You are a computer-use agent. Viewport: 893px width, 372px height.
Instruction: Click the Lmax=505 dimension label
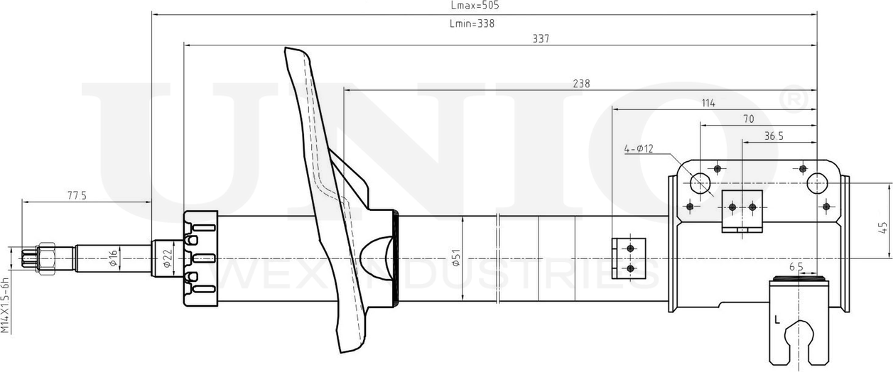(x=475, y=6)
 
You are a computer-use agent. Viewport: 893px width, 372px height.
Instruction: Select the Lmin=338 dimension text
(x=472, y=23)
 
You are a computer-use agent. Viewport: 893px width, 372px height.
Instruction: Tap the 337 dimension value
(x=541, y=38)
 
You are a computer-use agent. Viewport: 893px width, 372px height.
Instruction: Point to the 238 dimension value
(x=581, y=84)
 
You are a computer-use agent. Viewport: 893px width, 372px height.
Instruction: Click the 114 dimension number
(x=708, y=103)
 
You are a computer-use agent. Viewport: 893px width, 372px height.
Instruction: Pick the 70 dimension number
(x=748, y=119)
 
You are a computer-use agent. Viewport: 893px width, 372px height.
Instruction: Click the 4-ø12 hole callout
(x=638, y=149)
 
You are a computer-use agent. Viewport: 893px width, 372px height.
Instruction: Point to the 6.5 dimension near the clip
(x=796, y=267)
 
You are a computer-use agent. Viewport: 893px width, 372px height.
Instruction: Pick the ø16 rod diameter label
(x=112, y=258)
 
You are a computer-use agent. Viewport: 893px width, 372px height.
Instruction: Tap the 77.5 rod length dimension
(x=77, y=196)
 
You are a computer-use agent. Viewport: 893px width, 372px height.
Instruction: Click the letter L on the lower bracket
(x=778, y=319)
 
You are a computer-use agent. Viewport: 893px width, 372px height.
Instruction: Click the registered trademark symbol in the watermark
(x=794, y=100)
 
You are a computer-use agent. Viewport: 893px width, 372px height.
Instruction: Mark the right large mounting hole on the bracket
(x=817, y=184)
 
